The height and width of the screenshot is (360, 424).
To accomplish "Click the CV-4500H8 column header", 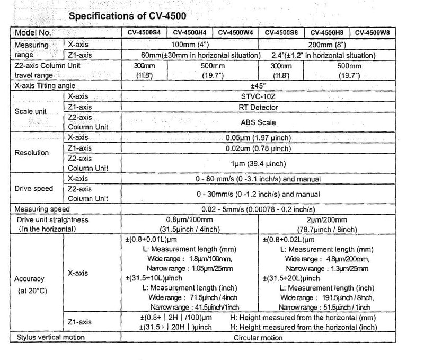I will tap(326, 32).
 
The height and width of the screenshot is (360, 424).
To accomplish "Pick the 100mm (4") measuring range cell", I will tap(190, 45).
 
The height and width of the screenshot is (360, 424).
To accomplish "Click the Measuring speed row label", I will tap(39, 209).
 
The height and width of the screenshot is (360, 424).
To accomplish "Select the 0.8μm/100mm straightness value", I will tap(190, 219).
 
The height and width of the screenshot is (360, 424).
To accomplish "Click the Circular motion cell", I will tap(258, 337).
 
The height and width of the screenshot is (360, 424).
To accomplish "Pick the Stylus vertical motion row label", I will tap(51, 337).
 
